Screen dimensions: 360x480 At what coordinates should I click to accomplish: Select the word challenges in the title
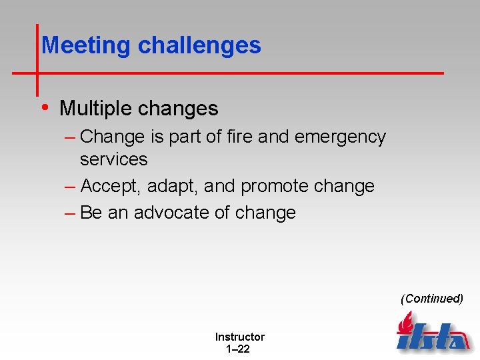[199, 45]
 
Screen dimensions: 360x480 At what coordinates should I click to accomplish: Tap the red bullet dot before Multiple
[45, 107]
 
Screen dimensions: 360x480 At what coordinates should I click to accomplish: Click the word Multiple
[95, 108]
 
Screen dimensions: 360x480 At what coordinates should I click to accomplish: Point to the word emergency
[340, 137]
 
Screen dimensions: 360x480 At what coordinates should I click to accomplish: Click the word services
[113, 159]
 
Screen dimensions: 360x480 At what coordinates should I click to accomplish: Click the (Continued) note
[432, 299]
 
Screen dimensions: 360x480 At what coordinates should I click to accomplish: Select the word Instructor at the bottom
[239, 337]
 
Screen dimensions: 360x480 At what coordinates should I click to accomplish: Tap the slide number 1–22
[238, 349]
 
